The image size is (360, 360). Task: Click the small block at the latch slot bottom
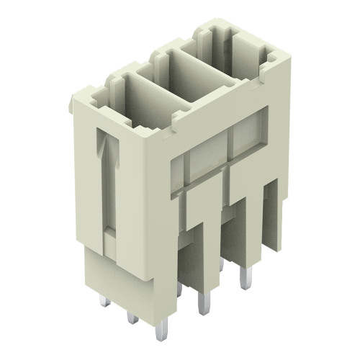[109, 233]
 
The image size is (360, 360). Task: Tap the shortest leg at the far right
[271, 216]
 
